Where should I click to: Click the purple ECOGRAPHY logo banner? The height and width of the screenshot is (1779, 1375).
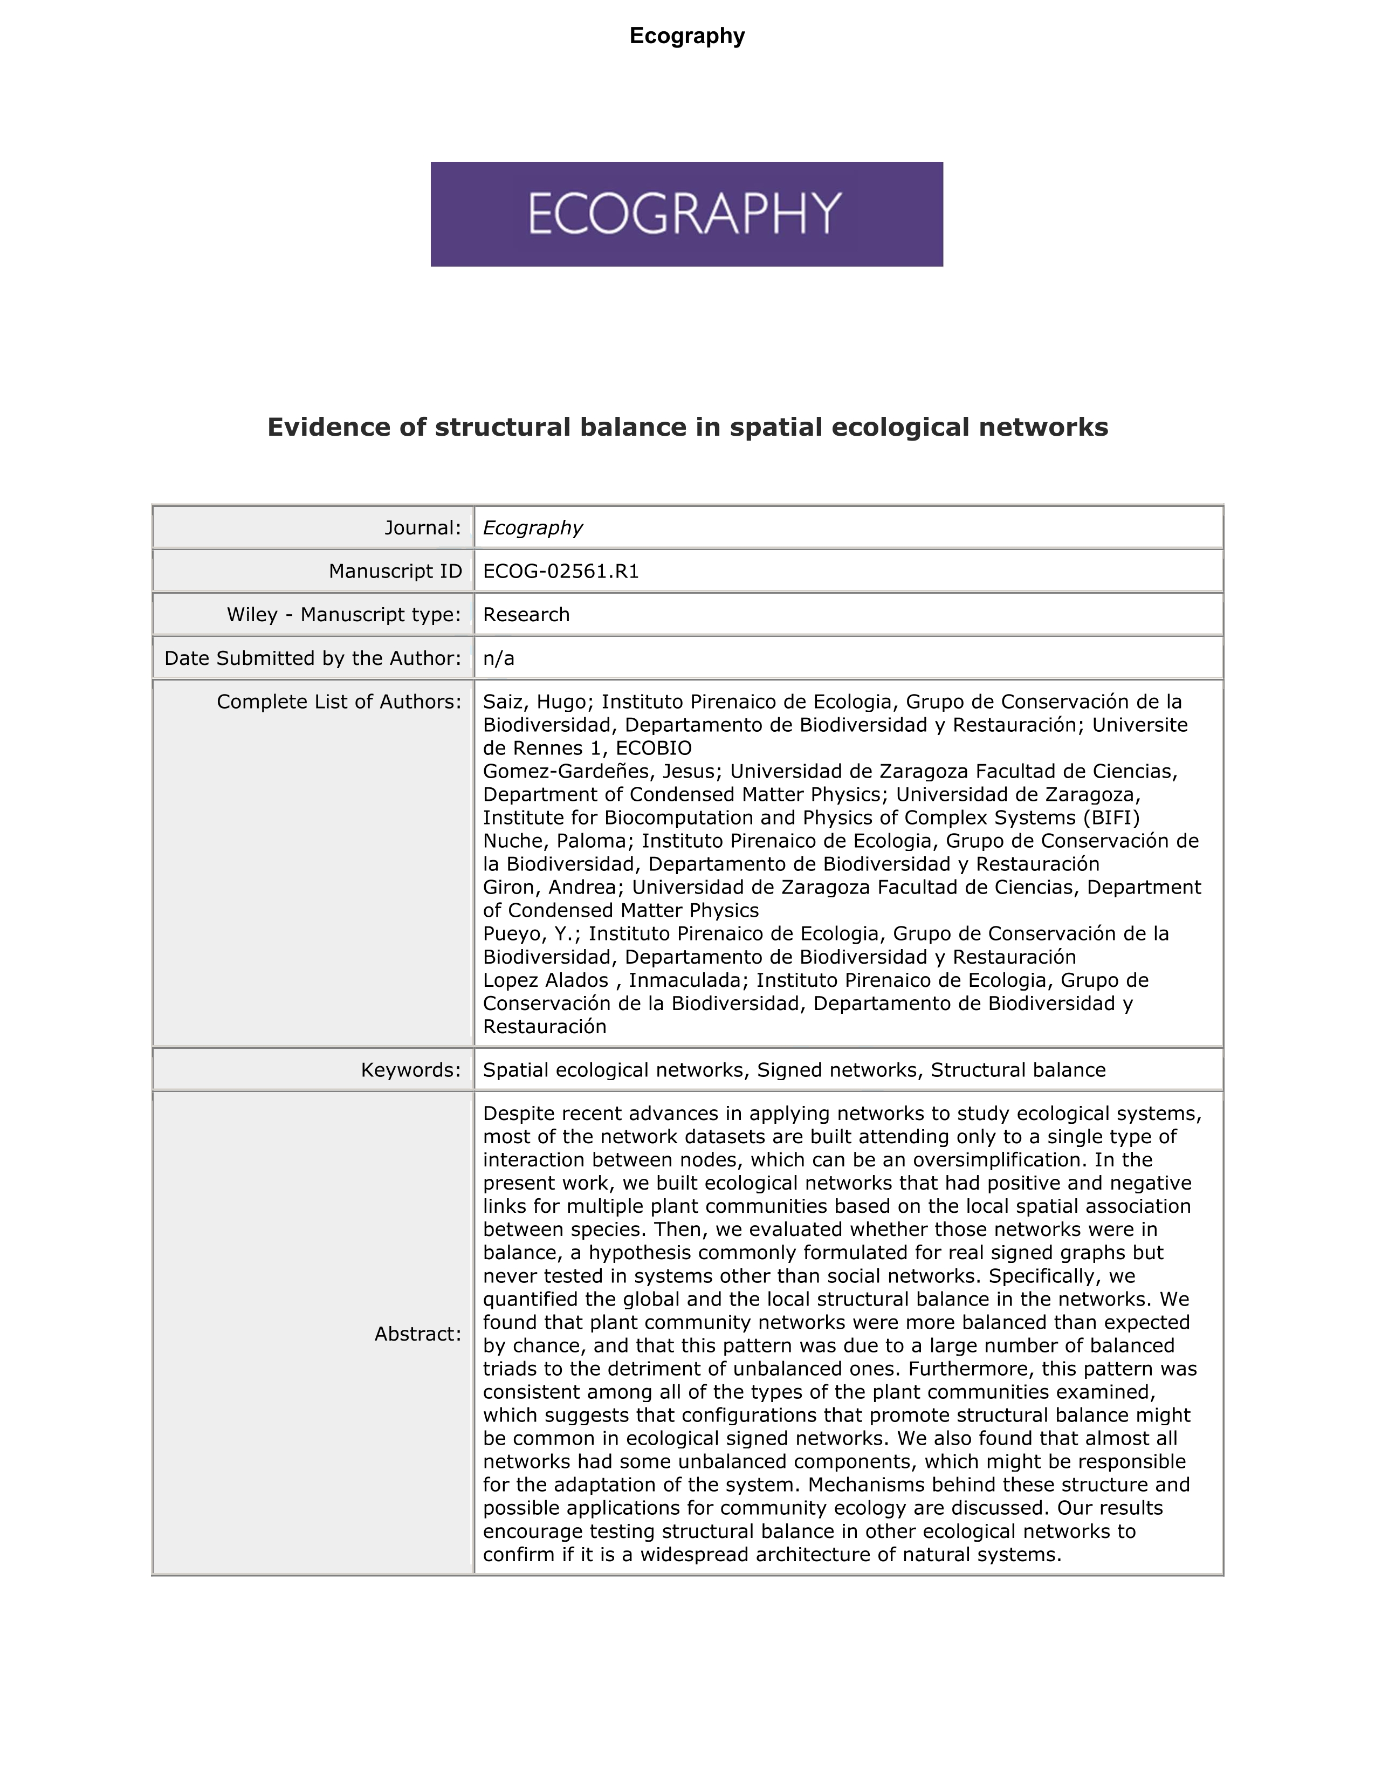point(686,214)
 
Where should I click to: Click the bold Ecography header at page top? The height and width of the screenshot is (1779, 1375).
point(686,36)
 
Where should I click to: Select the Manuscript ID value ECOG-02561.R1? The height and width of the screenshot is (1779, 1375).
point(560,571)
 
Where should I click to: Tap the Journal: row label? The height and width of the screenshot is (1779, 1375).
point(423,528)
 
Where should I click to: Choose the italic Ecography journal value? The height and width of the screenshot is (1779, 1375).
point(533,528)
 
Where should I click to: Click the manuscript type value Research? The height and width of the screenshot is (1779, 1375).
point(526,614)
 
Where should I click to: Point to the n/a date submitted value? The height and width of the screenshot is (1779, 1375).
point(499,658)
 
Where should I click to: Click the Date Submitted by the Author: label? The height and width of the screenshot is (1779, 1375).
point(313,658)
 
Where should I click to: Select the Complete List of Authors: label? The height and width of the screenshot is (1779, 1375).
point(339,702)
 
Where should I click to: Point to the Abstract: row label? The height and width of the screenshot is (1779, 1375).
point(417,1334)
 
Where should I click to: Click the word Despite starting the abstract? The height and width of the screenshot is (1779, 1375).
point(520,1114)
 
